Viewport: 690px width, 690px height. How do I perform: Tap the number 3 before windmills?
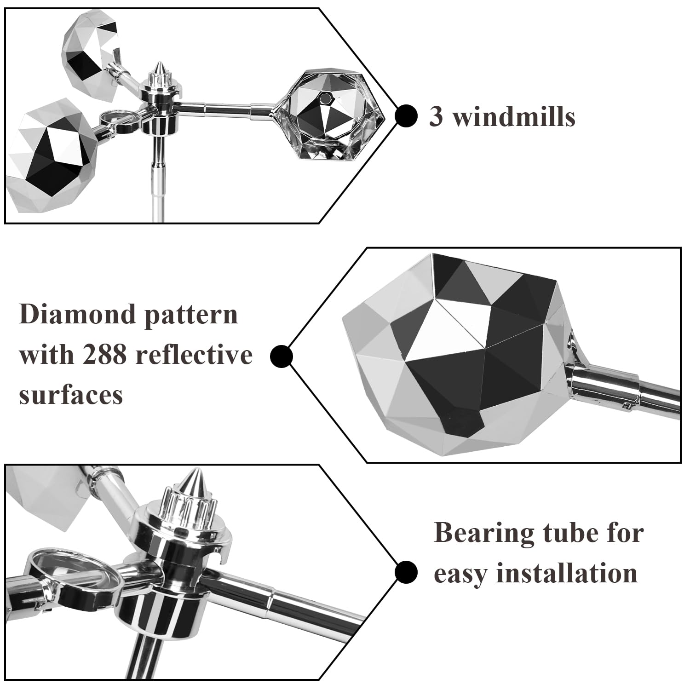(436, 116)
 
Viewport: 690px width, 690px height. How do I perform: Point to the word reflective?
(192, 354)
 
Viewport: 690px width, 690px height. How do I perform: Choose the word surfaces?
(71, 394)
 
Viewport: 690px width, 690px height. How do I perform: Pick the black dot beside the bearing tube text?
(406, 572)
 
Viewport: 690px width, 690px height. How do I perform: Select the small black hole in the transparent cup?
(327, 98)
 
